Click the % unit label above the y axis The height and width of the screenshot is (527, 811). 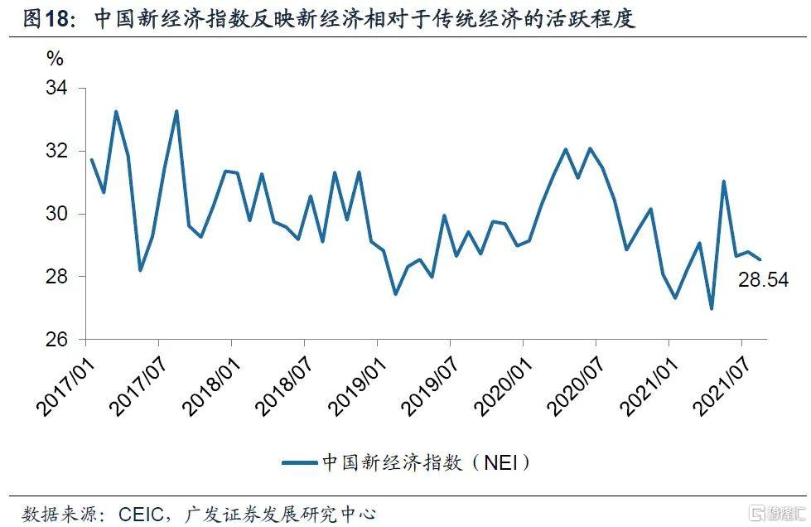coord(55,59)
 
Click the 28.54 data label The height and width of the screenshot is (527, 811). coord(763,281)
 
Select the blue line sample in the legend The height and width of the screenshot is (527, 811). coord(299,462)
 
